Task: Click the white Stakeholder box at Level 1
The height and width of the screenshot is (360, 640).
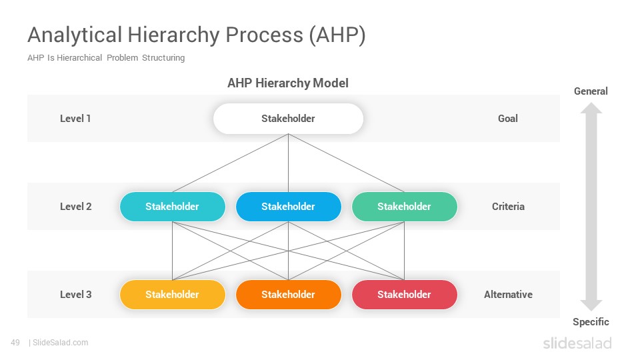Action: [x=288, y=119]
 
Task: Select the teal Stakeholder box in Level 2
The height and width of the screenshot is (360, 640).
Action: [x=172, y=207]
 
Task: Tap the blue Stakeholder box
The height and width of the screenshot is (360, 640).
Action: [x=288, y=207]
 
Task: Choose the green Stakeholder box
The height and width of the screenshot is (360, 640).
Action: [x=404, y=207]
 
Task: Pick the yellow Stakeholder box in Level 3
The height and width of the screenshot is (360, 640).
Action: [x=172, y=294]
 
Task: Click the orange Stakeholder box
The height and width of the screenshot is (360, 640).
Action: [x=288, y=294]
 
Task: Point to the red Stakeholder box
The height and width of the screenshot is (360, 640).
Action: [x=404, y=294]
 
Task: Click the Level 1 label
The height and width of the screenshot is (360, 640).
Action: [x=75, y=119]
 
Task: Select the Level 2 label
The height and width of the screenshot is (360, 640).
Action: [x=75, y=207]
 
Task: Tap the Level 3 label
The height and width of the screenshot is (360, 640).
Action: [x=75, y=294]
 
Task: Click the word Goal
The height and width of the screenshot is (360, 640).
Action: [x=508, y=119]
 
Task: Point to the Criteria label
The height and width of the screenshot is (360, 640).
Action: [x=508, y=207]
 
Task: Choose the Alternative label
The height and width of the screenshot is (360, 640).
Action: [x=508, y=294]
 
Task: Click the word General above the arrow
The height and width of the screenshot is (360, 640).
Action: [x=591, y=91]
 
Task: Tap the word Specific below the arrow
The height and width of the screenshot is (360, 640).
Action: [x=591, y=321]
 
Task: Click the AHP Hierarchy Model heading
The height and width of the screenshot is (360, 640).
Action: [x=288, y=83]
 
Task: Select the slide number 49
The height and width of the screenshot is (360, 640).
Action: [x=15, y=343]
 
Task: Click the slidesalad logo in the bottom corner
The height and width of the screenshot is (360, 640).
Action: [x=577, y=343]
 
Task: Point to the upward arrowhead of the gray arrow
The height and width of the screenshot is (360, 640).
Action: [x=591, y=108]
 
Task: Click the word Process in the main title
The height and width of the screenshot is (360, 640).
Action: [x=265, y=35]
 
